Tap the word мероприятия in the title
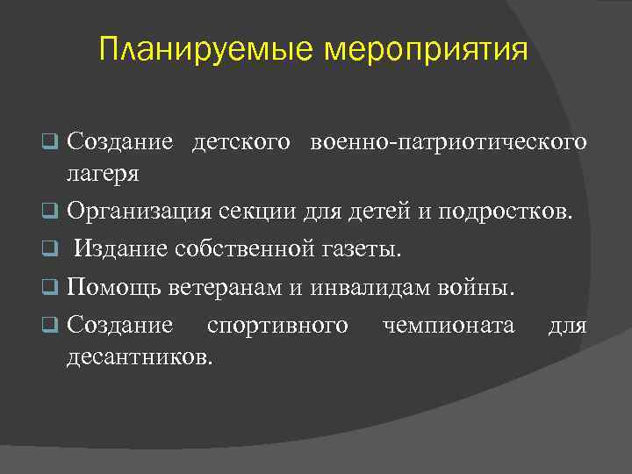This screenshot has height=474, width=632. point(427,49)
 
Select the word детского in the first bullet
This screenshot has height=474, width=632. point(242,142)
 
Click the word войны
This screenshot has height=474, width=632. point(487,288)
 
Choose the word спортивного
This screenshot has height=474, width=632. point(277,327)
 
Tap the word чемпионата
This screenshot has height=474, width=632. point(449,327)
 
